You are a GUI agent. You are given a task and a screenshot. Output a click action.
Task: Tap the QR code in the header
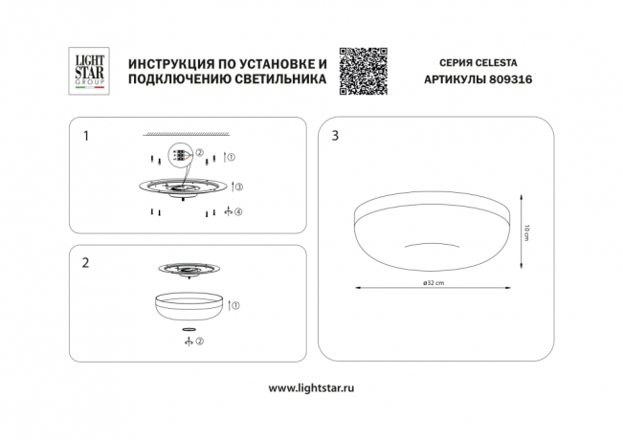[x=366, y=70]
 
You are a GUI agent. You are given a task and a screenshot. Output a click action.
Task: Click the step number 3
[x=334, y=137]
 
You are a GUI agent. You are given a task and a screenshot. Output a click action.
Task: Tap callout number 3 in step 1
[x=239, y=187]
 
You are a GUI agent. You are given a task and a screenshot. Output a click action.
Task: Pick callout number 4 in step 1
[x=239, y=210]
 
